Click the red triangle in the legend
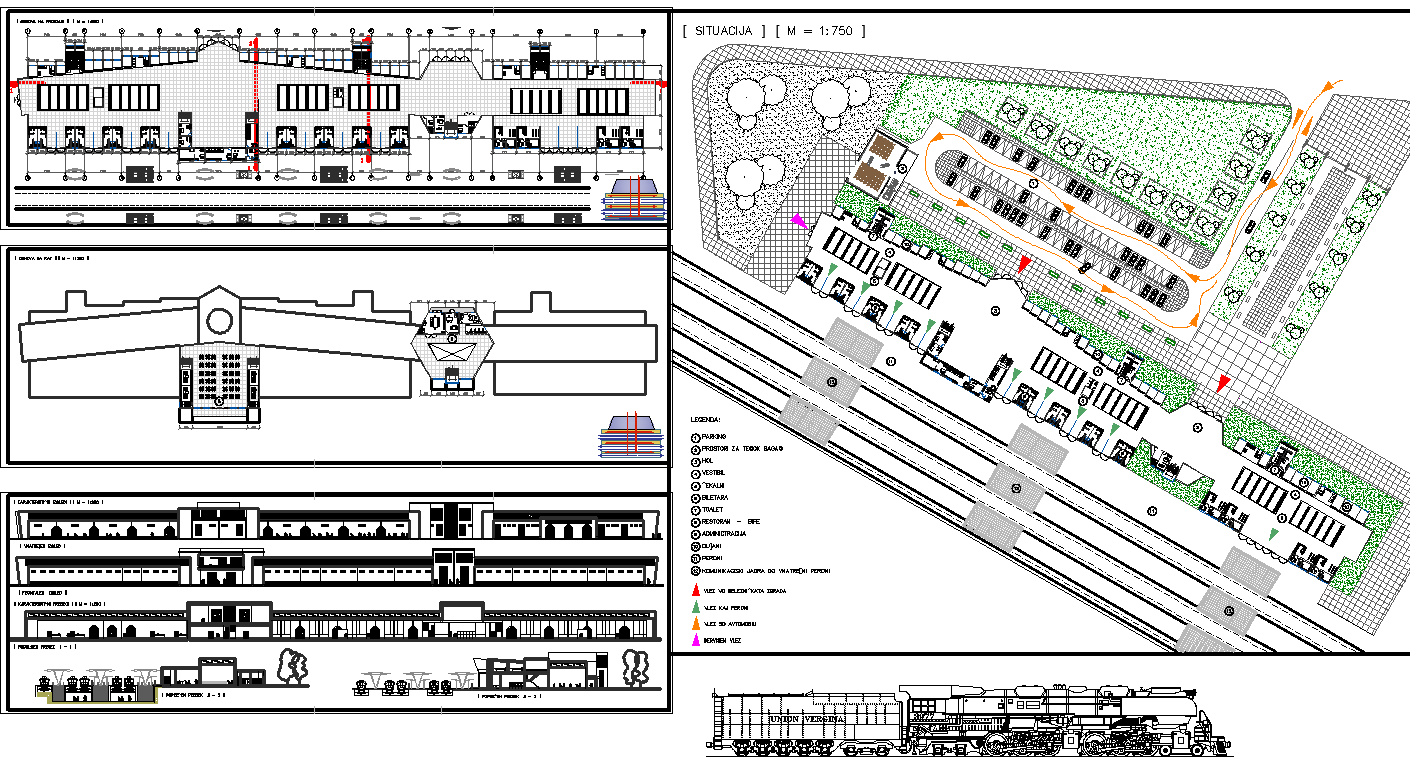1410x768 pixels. click(695, 590)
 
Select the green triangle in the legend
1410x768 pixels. click(695, 607)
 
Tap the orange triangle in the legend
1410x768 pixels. click(695, 623)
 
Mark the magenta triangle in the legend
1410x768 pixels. click(695, 639)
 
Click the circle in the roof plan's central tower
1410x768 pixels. click(217, 321)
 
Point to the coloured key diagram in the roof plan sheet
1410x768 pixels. click(632, 437)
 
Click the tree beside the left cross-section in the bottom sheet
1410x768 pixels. click(292, 668)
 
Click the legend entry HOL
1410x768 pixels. click(709, 461)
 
